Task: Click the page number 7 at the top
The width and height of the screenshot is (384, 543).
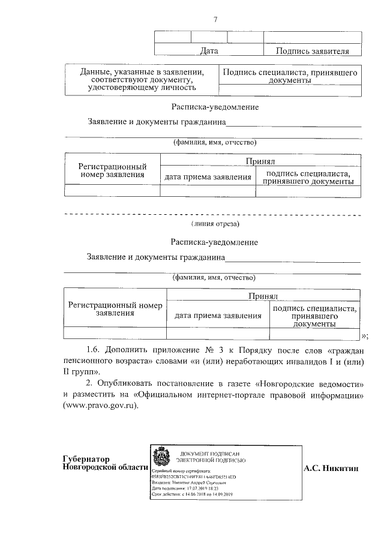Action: pos(215,19)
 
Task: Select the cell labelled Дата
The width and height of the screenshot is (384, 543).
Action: pos(209,51)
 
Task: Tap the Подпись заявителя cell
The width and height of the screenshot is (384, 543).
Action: pos(312,51)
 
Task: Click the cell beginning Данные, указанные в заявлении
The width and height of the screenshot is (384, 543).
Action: pos(142,80)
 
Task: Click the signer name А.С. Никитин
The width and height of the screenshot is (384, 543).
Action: pos(331,467)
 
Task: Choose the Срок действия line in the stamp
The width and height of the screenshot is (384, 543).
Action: pos(192,494)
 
